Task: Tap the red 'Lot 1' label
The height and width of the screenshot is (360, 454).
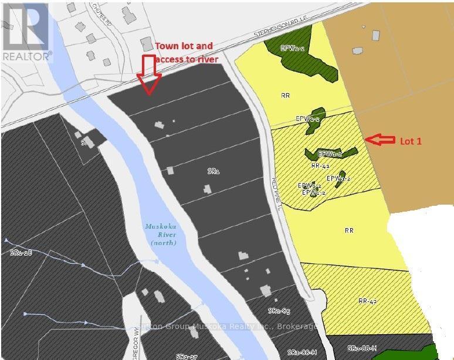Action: point(410,141)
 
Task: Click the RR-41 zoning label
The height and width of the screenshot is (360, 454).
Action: point(320,166)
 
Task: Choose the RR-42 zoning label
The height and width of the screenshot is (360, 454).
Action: point(367,301)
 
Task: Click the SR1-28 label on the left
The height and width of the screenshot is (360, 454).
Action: point(21,252)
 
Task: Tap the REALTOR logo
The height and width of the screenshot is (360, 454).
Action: point(26,32)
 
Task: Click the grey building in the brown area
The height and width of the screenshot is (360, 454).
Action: point(375,35)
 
